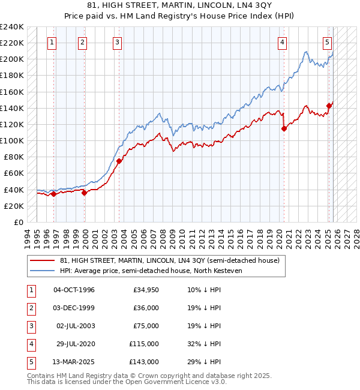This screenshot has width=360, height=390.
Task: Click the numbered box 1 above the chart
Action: [53, 42]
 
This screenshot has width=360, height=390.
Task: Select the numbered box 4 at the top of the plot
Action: [282, 42]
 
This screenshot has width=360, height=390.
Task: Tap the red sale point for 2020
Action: [284, 128]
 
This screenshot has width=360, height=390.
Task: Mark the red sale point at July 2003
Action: [119, 161]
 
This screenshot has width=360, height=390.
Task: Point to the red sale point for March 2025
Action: [329, 106]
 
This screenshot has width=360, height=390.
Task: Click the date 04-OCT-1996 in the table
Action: [74, 290]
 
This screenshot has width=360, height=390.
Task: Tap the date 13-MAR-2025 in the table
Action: [74, 362]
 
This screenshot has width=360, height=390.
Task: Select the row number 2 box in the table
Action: [29, 308]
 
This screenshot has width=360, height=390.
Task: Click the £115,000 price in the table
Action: [144, 344]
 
